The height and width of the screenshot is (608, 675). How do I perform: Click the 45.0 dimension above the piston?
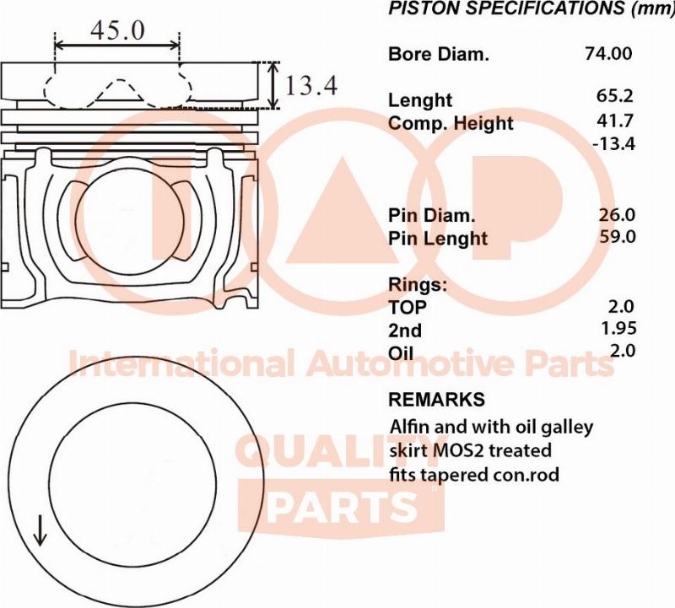117,30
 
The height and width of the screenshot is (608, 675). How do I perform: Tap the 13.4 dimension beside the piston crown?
311,85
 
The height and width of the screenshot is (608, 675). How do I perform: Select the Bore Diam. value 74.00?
607,53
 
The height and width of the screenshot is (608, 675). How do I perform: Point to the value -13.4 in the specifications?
613,143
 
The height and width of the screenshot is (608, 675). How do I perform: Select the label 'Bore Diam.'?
438,55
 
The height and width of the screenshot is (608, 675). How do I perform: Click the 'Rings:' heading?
417,284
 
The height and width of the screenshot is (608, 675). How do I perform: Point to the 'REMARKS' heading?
436,399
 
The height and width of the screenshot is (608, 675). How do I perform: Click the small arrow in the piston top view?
39,530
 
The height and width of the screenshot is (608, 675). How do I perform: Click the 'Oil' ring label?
402,352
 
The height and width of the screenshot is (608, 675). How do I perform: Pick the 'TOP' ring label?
408,307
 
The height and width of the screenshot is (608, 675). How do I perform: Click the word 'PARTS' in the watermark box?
343,507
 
